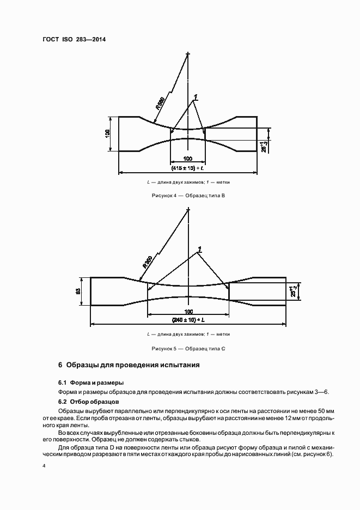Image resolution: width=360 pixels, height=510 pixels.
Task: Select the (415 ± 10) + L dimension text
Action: pos(187,168)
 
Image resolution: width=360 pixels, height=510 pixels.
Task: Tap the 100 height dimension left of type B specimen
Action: pos(108,133)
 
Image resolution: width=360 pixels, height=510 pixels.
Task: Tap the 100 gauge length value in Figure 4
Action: pos(187,158)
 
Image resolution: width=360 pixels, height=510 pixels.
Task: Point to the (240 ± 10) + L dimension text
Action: pos(188,319)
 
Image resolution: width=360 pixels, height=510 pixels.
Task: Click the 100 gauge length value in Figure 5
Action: pos(188,310)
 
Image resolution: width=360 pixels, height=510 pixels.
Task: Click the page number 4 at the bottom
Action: pos(44,466)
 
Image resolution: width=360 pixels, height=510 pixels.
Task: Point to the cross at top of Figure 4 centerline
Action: pos(188,54)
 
